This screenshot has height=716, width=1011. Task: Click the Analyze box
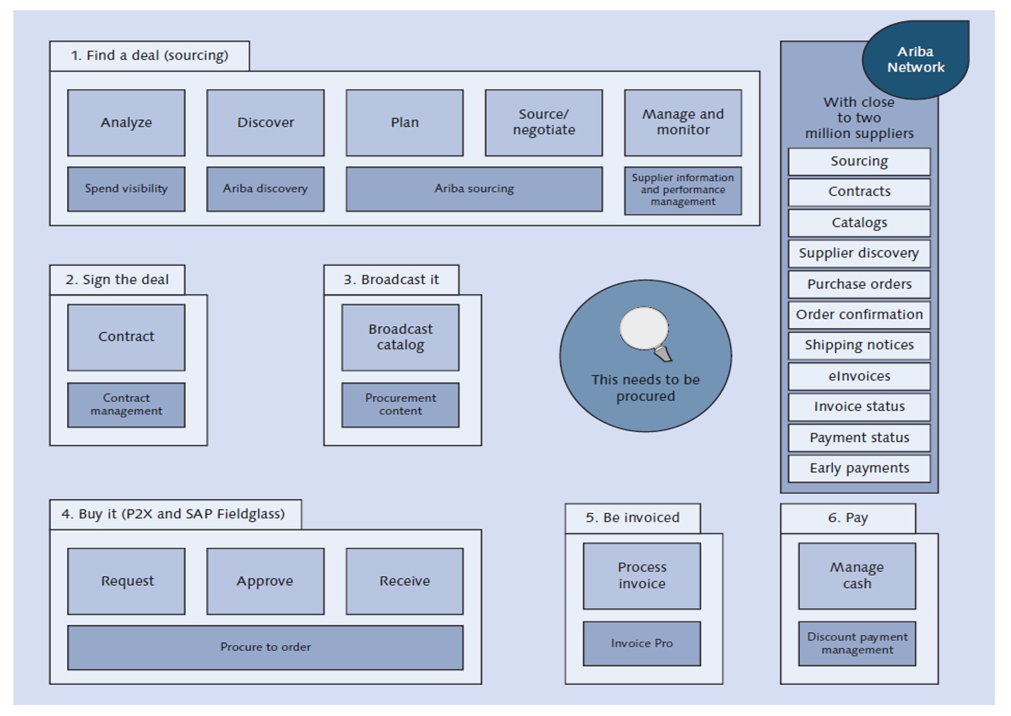[126, 123]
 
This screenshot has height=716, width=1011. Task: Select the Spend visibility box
[126, 189]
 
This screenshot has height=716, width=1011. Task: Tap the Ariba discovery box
[265, 189]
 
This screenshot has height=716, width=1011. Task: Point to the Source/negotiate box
[543, 123]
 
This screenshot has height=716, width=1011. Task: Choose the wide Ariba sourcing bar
[474, 189]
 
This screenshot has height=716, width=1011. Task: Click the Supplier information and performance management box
[683, 190]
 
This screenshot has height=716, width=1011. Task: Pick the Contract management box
[126, 405]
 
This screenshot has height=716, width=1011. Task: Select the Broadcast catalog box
[400, 337]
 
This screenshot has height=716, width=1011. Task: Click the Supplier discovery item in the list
[859, 253]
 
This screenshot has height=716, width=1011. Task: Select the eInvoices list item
[859, 376]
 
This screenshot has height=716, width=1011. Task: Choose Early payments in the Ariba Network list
[859, 468]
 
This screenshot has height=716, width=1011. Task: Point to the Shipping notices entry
[859, 346]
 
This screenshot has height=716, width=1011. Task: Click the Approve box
[265, 581]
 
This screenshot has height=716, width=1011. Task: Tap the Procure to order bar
[265, 647]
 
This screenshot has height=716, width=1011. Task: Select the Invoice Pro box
[642, 644]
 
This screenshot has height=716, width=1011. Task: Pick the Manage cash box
[857, 576]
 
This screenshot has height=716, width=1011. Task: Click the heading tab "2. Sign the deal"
[117, 280]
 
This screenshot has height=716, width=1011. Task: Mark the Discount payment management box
[857, 644]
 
